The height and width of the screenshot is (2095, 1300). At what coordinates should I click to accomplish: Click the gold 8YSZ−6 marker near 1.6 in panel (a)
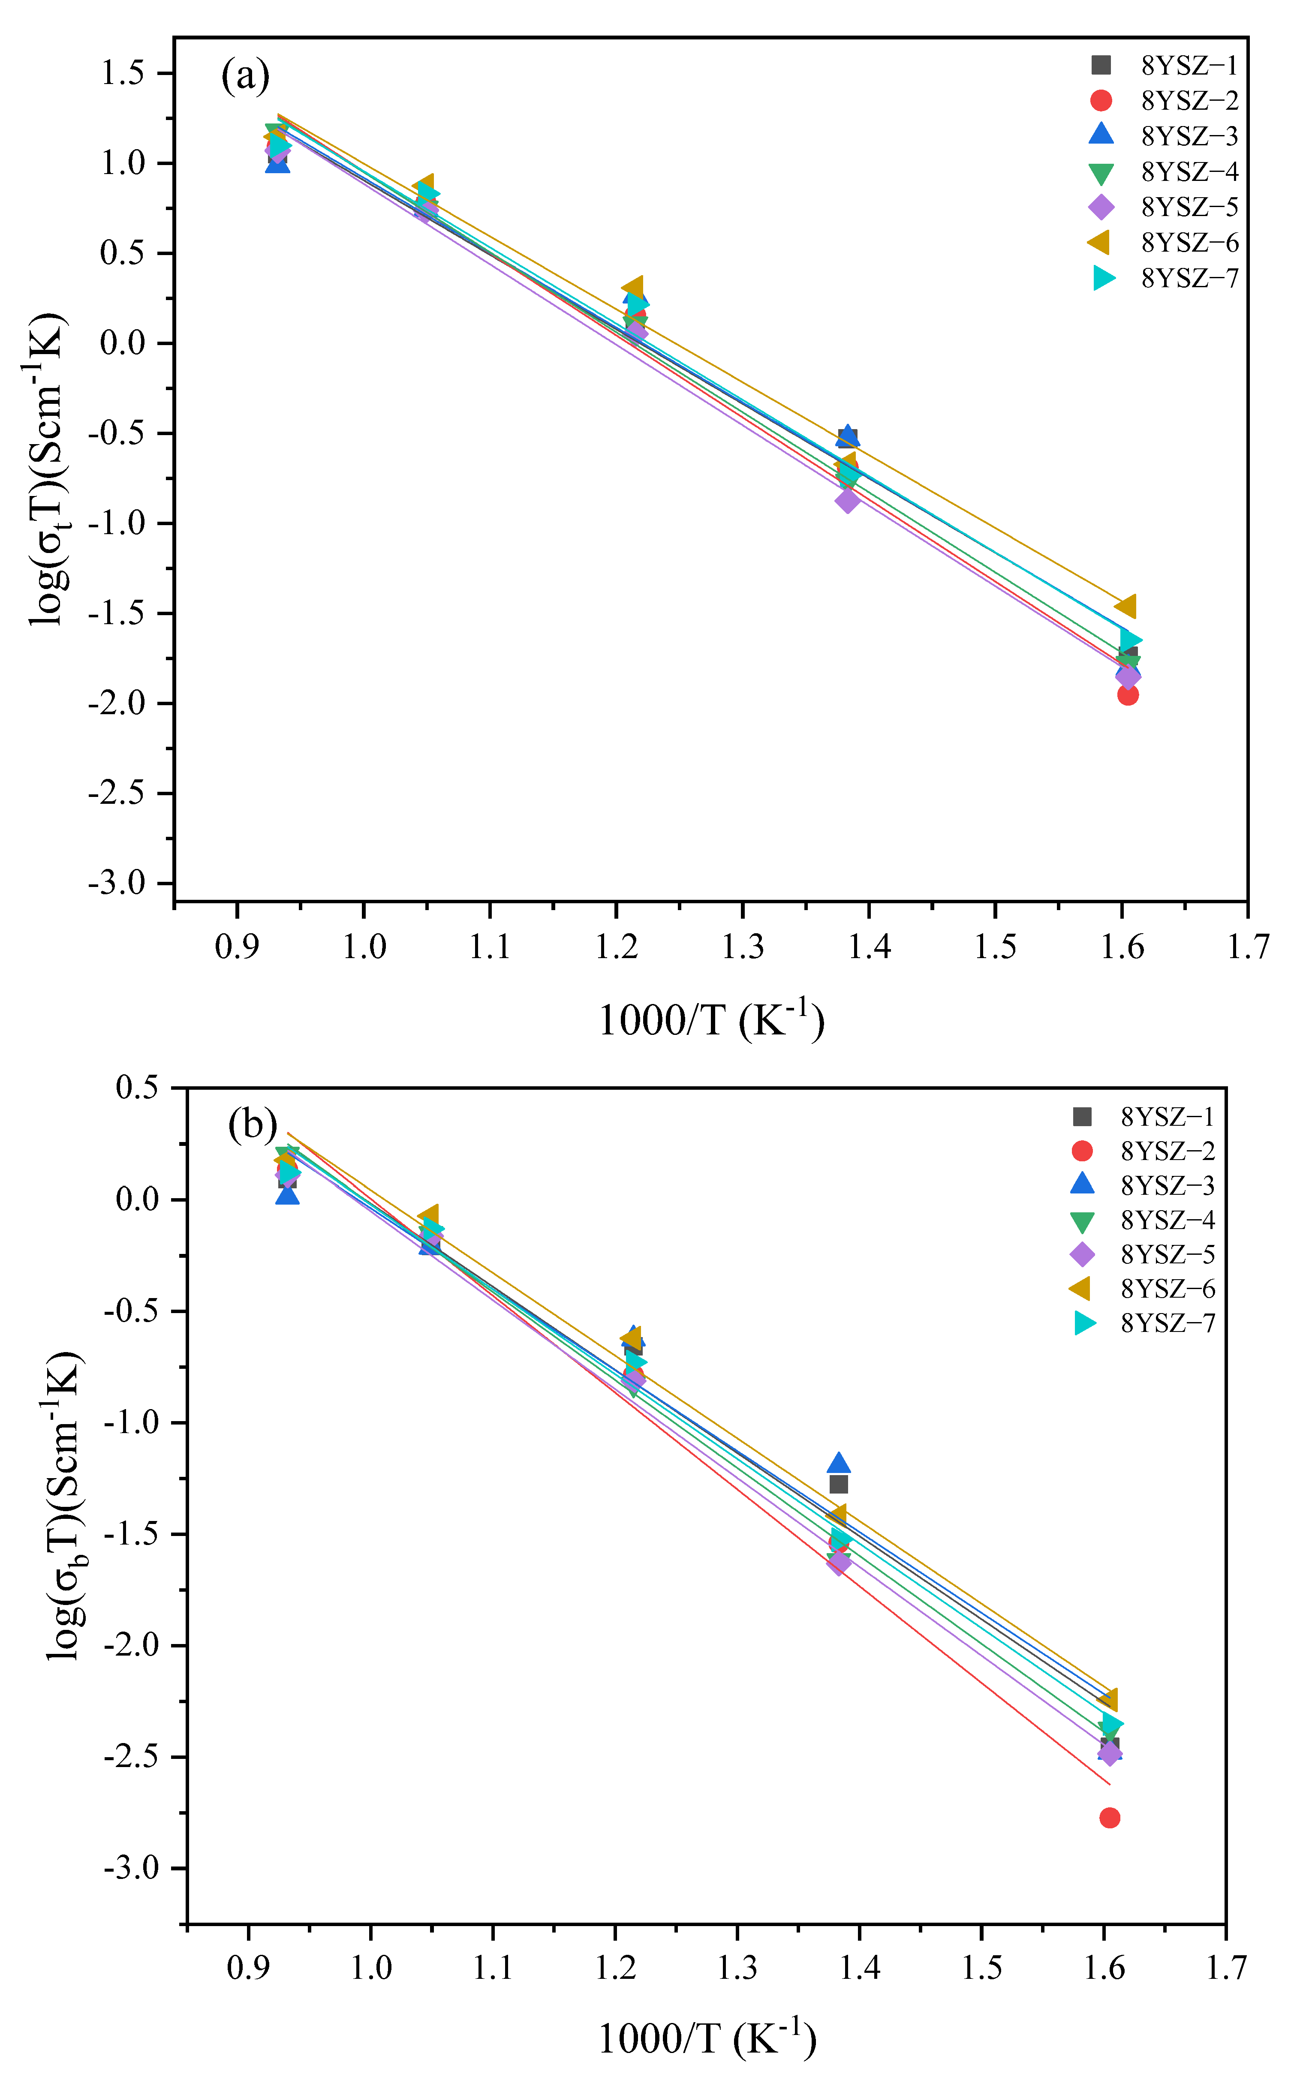(1125, 606)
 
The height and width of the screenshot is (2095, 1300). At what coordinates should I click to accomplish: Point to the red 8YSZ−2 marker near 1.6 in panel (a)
(1128, 694)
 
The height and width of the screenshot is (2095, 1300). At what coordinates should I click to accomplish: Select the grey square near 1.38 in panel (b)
(838, 1485)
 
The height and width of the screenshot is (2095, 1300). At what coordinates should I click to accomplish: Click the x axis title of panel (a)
(711, 1020)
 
